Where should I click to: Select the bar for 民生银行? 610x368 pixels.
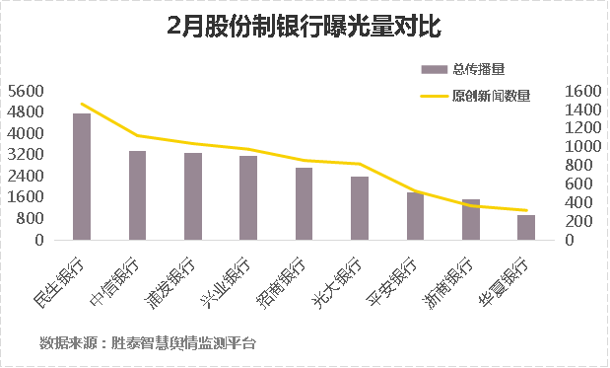[81, 178]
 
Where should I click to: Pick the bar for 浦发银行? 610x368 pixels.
[192, 196]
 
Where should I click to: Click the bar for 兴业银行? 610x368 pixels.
[247, 198]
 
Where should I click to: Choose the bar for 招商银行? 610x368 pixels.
[304, 204]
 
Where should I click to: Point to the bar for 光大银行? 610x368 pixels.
[359, 208]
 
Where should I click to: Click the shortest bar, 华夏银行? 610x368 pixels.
[526, 228]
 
